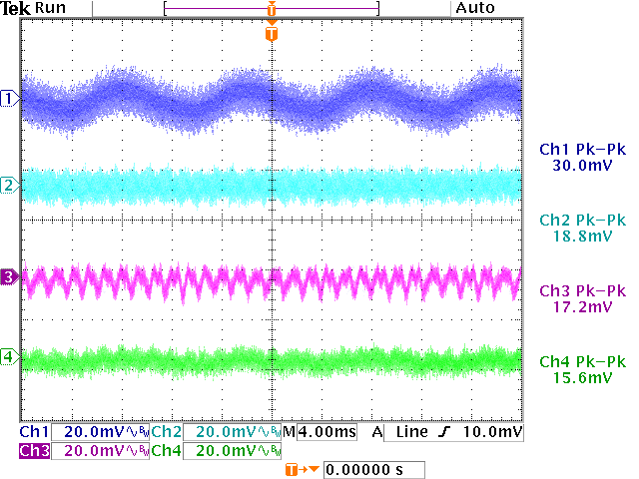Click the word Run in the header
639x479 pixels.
[x=50, y=8]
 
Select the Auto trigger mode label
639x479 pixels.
[x=475, y=8]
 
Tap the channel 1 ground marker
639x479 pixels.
[x=10, y=98]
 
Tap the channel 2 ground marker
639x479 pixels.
[x=10, y=186]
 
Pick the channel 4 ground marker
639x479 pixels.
[x=10, y=356]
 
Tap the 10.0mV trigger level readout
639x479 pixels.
[x=496, y=432]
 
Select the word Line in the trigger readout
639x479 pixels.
[x=410, y=432]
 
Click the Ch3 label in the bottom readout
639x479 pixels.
[x=34, y=451]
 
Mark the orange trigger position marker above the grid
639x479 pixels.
[x=272, y=34]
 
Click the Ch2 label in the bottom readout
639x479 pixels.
[x=167, y=432]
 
